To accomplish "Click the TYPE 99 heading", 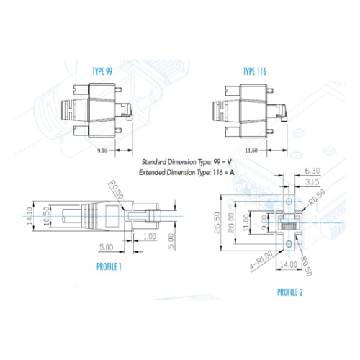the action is click(x=102, y=71).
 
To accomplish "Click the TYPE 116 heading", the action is click(x=255, y=71).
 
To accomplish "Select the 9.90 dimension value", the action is click(x=102, y=151).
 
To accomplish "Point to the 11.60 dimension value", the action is click(x=251, y=150).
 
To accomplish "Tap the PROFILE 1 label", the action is click(x=109, y=266).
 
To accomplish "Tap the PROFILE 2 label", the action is click(x=290, y=292).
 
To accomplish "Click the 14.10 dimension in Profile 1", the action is click(x=30, y=216).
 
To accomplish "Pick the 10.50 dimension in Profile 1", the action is click(x=47, y=216).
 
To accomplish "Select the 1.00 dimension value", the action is click(x=150, y=237).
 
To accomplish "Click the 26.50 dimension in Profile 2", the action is click(x=217, y=222).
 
